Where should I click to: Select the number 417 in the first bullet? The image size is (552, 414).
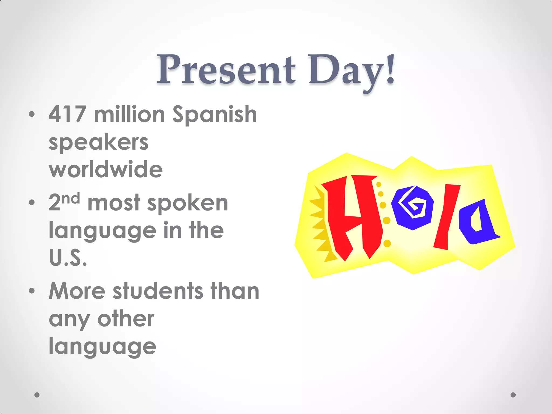(x=67, y=114)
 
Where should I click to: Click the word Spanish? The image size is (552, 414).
(x=215, y=115)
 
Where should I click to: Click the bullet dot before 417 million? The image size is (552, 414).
(x=32, y=114)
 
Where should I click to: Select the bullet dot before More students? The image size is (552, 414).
(x=32, y=291)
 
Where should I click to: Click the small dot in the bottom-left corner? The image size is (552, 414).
(x=37, y=395)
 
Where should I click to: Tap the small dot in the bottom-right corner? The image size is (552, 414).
(x=513, y=395)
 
